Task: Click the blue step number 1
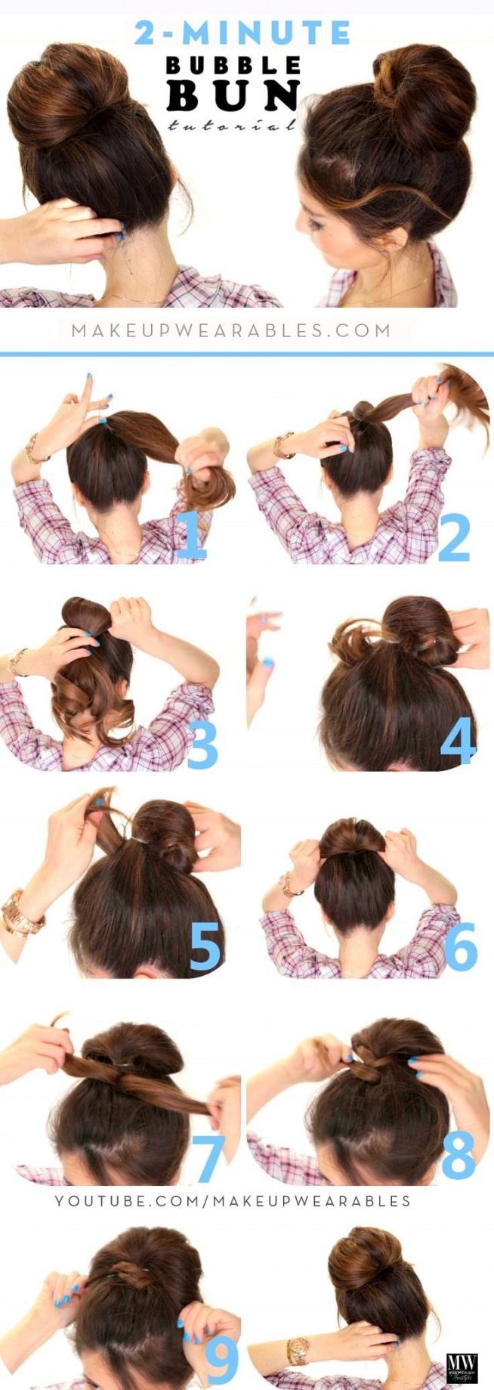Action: (191, 534)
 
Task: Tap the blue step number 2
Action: (454, 536)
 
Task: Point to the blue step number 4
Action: (458, 740)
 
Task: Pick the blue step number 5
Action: (205, 946)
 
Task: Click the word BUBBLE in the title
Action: (233, 66)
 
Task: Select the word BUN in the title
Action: (233, 97)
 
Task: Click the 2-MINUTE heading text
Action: (242, 33)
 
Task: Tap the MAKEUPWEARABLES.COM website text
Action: (231, 330)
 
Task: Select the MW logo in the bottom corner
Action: (462, 1367)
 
